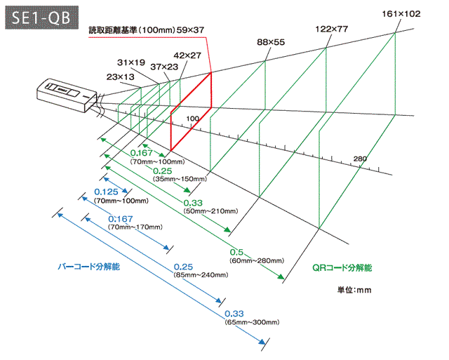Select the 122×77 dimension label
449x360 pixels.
(333, 29)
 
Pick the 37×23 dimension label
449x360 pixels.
(165, 66)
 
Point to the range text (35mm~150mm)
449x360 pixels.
(180, 180)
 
